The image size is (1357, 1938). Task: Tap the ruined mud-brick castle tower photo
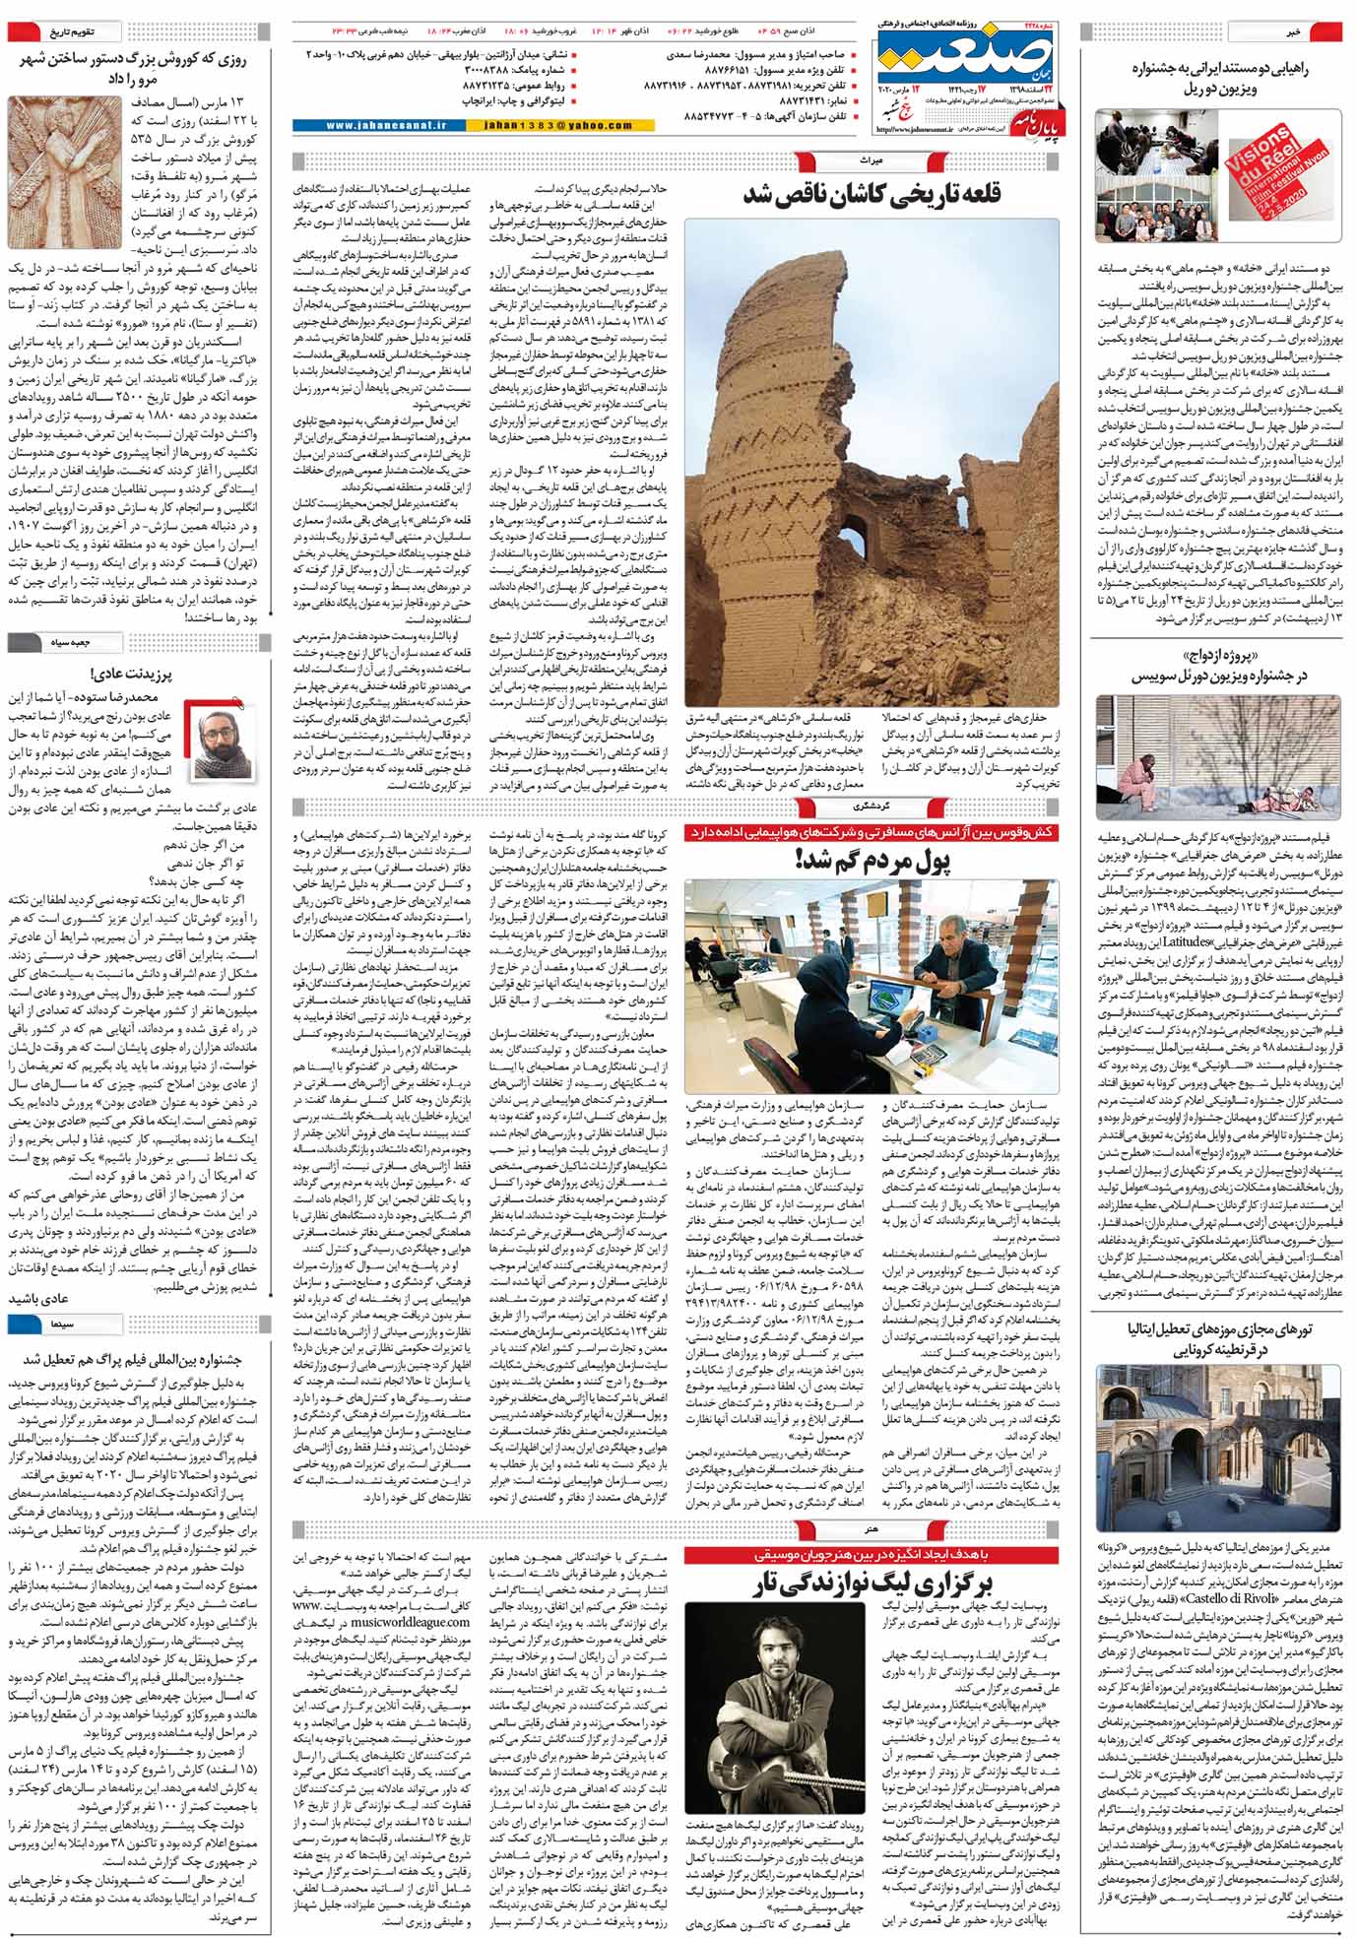(872, 463)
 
